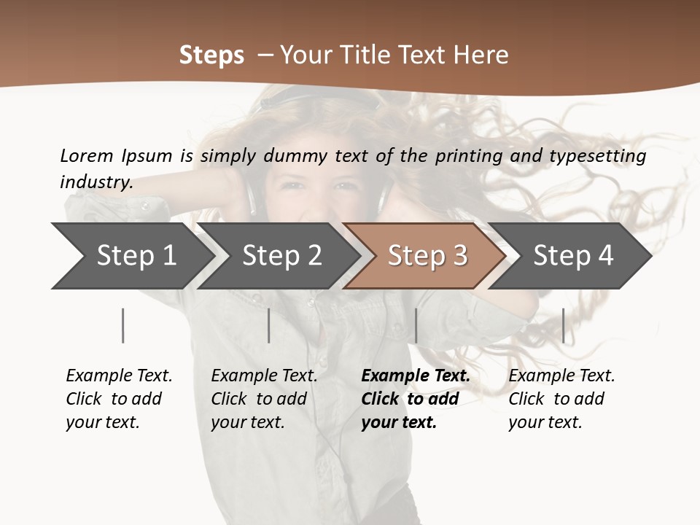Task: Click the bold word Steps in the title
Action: click(211, 55)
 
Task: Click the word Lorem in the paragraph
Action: click(87, 155)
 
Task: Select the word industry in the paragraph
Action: click(96, 182)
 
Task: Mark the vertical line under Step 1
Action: click(122, 325)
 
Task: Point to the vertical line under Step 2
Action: click(269, 325)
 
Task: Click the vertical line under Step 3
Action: click(416, 325)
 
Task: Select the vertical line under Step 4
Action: click(563, 325)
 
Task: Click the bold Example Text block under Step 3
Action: click(414, 399)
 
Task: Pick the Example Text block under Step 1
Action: click(118, 399)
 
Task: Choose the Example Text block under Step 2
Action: click(263, 399)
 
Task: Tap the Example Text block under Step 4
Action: click(561, 399)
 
